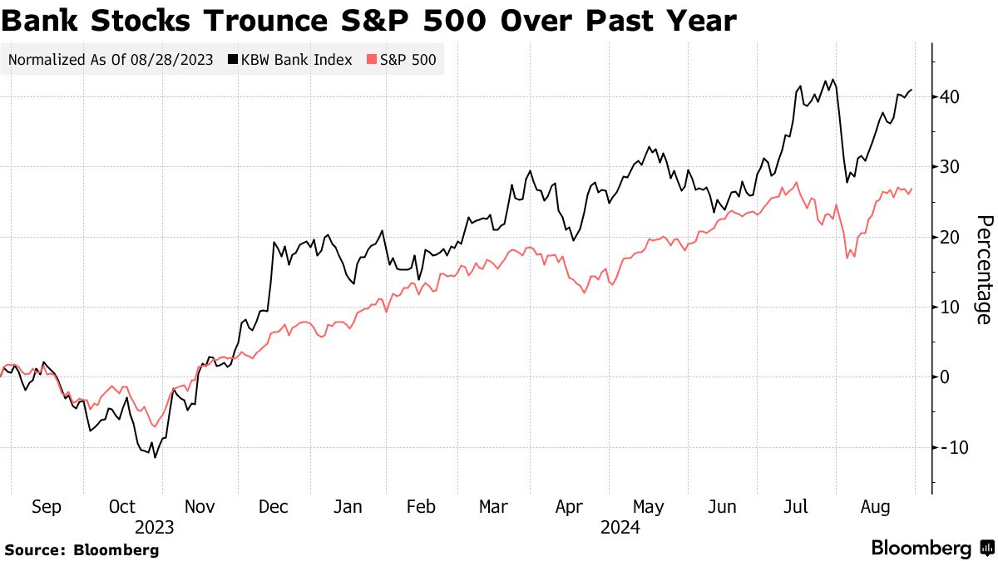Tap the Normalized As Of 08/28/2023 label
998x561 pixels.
(111, 60)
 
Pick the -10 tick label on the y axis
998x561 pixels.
(948, 447)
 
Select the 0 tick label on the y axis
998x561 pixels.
(946, 377)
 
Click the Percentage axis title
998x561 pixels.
(984, 270)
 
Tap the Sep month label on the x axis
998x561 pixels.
(47, 507)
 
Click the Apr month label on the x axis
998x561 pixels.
(571, 507)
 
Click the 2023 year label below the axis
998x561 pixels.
(154, 527)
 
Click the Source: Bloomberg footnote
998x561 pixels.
(82, 549)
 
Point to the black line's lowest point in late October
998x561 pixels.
(155, 457)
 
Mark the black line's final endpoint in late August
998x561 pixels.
(912, 90)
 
